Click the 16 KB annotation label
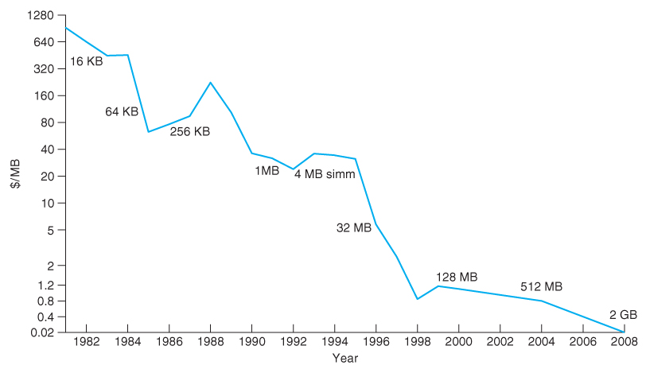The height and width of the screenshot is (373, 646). [87, 61]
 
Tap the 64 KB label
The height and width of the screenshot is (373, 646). [122, 112]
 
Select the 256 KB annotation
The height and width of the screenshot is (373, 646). [190, 131]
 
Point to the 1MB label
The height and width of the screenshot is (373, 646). [267, 171]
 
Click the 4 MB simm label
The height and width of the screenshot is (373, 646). [325, 174]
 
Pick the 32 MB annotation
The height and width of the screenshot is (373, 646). [354, 227]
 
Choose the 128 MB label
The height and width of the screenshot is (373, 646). [457, 278]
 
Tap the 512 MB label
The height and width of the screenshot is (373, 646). [542, 286]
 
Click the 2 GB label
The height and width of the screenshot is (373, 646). [623, 315]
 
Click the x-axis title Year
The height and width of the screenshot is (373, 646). [345, 359]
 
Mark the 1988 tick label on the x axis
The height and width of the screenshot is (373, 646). [210, 342]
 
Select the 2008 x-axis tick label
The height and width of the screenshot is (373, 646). [623, 342]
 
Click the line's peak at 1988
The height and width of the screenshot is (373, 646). [210, 83]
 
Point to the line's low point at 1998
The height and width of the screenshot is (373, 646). [417, 299]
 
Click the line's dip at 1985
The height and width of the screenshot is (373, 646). [149, 131]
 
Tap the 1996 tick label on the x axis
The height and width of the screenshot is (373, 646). [376, 342]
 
